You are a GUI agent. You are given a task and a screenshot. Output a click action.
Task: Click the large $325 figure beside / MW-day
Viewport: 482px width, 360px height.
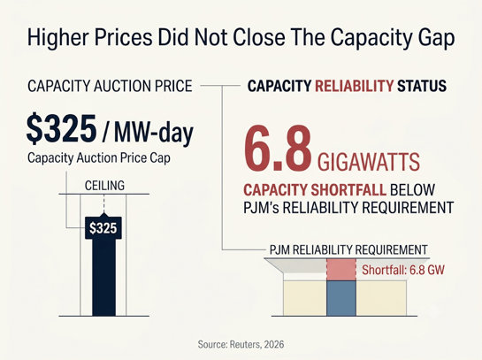61,129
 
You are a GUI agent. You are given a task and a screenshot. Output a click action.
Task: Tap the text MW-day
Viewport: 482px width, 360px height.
154,132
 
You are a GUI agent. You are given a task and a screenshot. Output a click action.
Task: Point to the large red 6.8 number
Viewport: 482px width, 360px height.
278,149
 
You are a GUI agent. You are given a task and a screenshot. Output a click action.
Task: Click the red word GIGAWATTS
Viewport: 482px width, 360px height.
368,162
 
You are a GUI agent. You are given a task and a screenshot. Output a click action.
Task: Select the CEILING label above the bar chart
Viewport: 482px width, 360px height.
104,186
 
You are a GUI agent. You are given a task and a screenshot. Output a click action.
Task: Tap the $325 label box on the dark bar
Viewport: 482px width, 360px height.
103,228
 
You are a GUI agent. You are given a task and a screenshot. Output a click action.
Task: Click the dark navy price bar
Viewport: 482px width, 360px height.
103,277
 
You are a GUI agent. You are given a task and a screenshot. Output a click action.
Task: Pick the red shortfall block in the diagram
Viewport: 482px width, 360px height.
341,269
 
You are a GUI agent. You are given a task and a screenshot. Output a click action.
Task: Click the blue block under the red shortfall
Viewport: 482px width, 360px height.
341,298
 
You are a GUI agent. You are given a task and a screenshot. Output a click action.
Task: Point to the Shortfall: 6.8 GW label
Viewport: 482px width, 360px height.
403,270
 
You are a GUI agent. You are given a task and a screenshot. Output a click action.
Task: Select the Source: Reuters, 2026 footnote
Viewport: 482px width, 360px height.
241,344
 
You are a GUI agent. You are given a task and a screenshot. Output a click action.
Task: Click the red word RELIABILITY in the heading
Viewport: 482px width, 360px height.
354,86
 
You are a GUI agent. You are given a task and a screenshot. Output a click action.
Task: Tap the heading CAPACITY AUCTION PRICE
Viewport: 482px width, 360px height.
110,86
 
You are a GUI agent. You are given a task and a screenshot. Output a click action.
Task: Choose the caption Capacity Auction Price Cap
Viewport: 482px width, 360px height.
99,158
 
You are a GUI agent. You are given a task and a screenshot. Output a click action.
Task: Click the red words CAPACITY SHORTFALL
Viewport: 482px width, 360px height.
315,189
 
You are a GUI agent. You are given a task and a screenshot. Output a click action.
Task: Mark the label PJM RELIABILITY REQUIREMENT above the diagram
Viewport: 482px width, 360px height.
348,250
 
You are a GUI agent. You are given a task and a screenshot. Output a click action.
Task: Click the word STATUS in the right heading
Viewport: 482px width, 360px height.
422,86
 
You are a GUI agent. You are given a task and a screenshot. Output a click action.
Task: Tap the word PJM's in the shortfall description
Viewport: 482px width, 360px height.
261,208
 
